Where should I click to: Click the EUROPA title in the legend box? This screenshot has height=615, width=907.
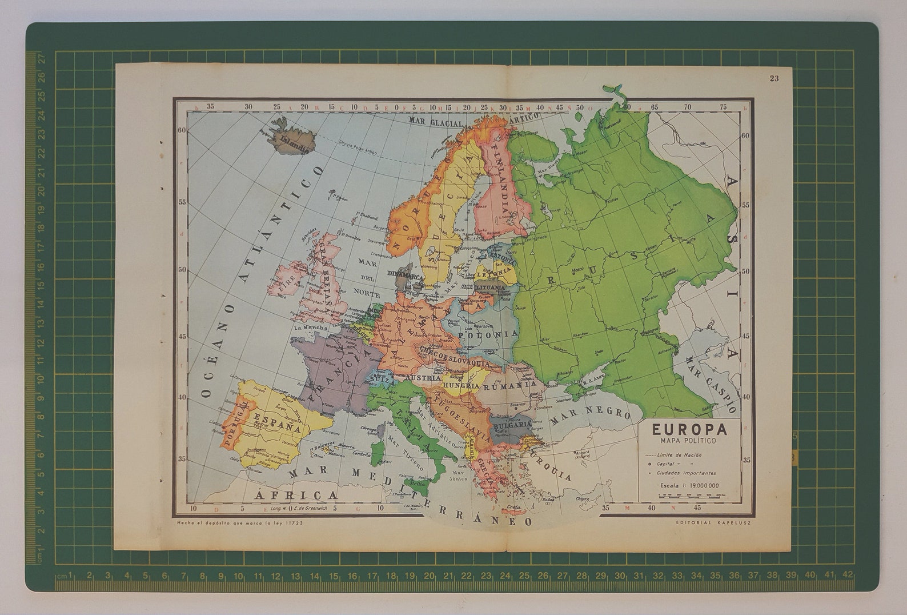tap(689, 429)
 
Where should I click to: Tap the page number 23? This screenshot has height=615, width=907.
tap(774, 78)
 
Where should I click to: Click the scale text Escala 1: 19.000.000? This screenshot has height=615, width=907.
tap(689, 486)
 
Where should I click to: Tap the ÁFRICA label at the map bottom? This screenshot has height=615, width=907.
tap(296, 494)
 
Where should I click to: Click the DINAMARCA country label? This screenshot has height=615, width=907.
tap(407, 275)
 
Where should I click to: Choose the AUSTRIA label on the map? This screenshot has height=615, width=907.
tap(422, 378)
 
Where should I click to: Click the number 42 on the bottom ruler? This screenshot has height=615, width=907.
tap(848, 575)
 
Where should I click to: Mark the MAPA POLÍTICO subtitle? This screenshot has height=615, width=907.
tap(688, 441)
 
